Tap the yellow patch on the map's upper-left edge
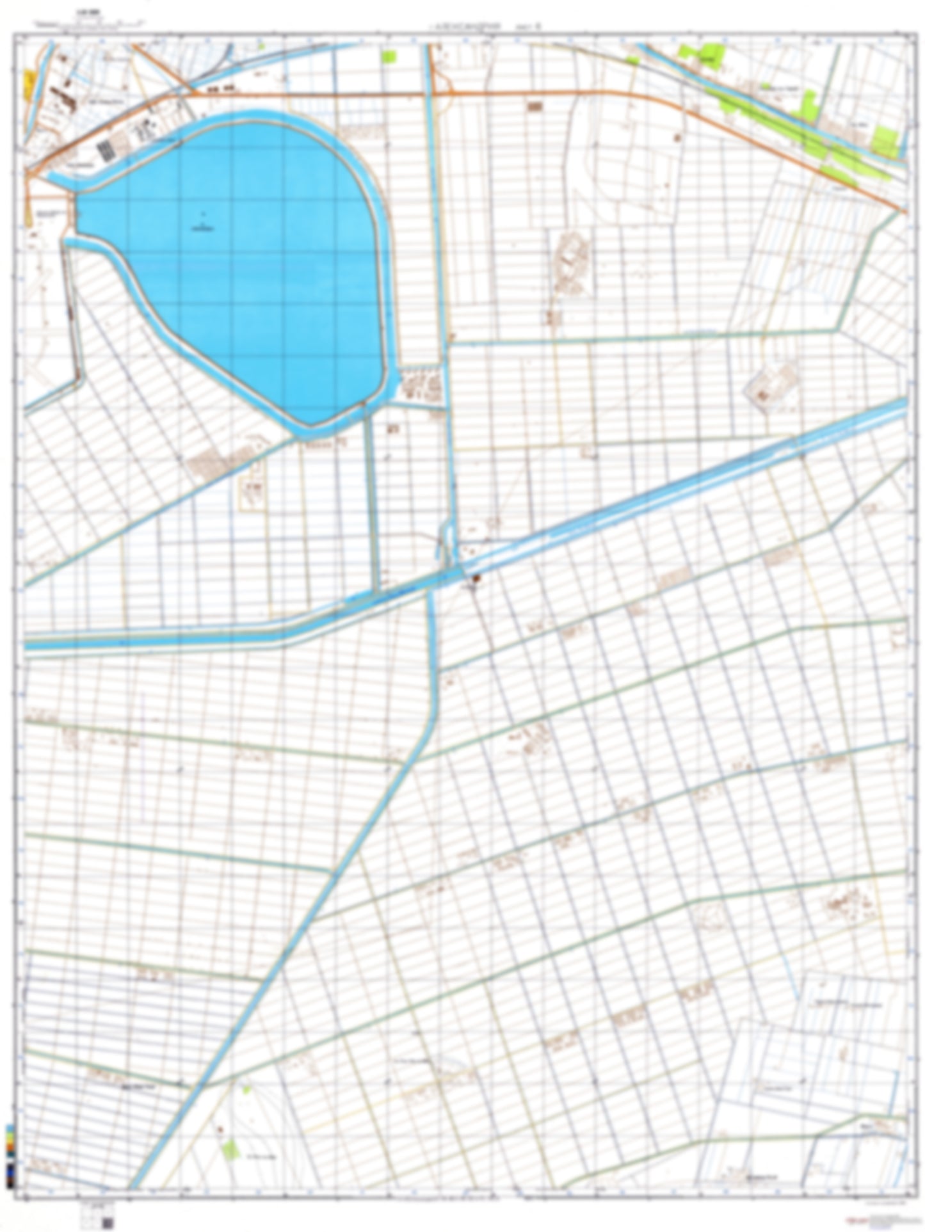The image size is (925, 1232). click(x=29, y=84)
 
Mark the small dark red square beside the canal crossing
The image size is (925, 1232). click(x=474, y=580)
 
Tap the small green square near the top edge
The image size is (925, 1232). click(x=389, y=56)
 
